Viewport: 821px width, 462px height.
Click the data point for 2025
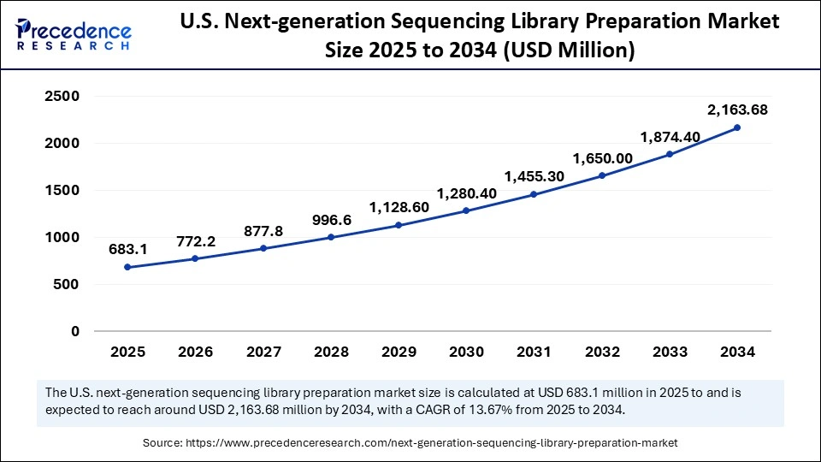tap(127, 267)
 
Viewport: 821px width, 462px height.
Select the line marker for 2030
tap(466, 210)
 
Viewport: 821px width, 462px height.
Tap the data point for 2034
tap(737, 127)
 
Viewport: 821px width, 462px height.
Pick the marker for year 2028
tap(331, 237)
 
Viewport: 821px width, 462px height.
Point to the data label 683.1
tap(127, 249)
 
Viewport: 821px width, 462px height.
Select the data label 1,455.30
tap(534, 176)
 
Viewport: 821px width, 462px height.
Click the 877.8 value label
tap(263, 230)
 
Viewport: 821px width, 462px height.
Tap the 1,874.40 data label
tap(670, 136)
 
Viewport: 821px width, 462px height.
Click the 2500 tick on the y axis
tap(62, 97)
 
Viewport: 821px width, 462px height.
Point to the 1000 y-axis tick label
tap(62, 238)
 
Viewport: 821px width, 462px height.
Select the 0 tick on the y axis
tap(75, 331)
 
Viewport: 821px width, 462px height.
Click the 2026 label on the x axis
tap(195, 352)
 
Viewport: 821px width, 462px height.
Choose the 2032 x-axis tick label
tap(601, 352)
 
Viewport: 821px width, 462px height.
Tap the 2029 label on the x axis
tap(399, 352)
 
